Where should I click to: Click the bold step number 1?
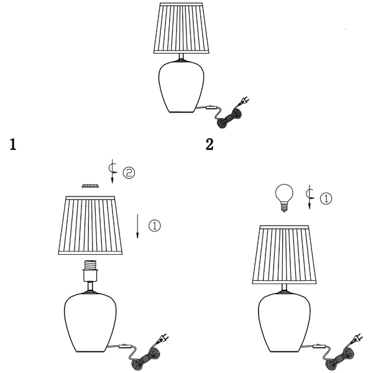pyautogui.click(x=13, y=144)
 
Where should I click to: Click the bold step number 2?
pyautogui.click(x=210, y=144)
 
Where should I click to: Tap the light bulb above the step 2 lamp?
pyautogui.click(x=284, y=198)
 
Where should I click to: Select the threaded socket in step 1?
pyautogui.click(x=90, y=270)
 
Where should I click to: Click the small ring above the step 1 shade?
pyautogui.click(x=90, y=185)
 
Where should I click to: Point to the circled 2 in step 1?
pyautogui.click(x=129, y=173)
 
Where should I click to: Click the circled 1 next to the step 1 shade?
pyautogui.click(x=155, y=226)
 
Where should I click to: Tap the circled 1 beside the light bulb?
pyautogui.click(x=326, y=198)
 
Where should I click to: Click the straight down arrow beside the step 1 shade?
pyautogui.click(x=137, y=226)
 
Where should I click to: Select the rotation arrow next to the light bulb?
pyautogui.click(x=310, y=197)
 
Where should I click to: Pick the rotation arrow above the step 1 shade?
pyautogui.click(x=113, y=172)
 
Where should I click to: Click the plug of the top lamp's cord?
pyautogui.click(x=244, y=101)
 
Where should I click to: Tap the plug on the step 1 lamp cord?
pyautogui.click(x=163, y=339)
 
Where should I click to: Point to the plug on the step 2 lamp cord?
pyautogui.click(x=357, y=339)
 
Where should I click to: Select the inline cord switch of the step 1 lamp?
pyautogui.click(x=125, y=346)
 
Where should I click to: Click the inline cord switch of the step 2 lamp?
pyautogui.click(x=318, y=346)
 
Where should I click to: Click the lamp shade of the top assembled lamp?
pyautogui.click(x=182, y=28)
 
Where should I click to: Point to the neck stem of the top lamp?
pyautogui.click(x=182, y=57)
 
